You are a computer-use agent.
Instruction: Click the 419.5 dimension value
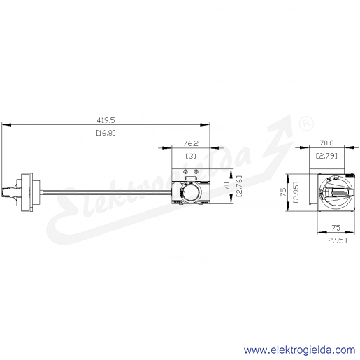point(106,120)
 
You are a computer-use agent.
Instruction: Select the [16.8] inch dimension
point(106,133)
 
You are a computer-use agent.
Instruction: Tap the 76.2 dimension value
point(191,143)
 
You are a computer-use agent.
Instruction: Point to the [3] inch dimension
point(191,156)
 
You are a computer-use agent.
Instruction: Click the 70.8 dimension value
point(326,143)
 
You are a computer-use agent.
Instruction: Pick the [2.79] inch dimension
point(326,155)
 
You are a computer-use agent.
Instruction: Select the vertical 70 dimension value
point(226,186)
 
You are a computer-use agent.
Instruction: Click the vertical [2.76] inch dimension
point(239,186)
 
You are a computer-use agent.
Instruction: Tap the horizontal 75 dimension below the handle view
point(336,228)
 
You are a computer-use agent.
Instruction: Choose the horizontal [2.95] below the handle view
point(336,240)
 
